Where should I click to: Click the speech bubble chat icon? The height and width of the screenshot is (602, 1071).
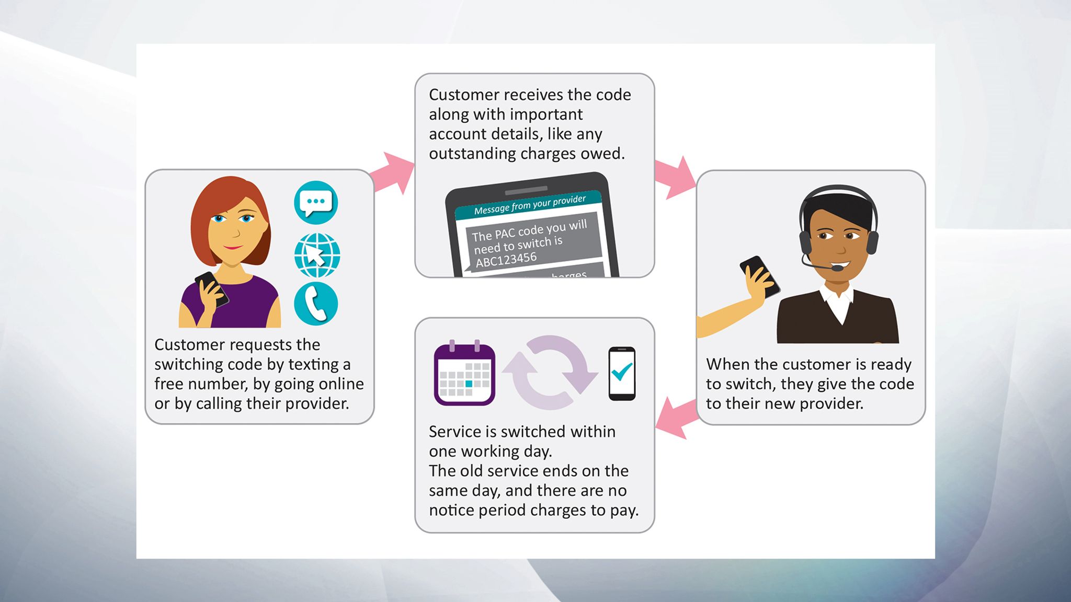(x=316, y=203)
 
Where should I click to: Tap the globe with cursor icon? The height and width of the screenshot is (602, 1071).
(x=317, y=256)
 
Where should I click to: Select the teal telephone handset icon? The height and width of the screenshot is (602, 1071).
(x=316, y=304)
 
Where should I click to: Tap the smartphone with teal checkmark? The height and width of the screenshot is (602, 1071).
(x=622, y=373)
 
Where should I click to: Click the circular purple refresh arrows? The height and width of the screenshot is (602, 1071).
(x=550, y=373)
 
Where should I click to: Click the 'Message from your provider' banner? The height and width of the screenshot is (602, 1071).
(x=529, y=205)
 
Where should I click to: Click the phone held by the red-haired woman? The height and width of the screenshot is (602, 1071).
(x=212, y=289)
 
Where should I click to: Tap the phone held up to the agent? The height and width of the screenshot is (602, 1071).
(x=760, y=276)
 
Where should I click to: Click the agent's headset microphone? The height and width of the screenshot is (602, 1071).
(x=837, y=268)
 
